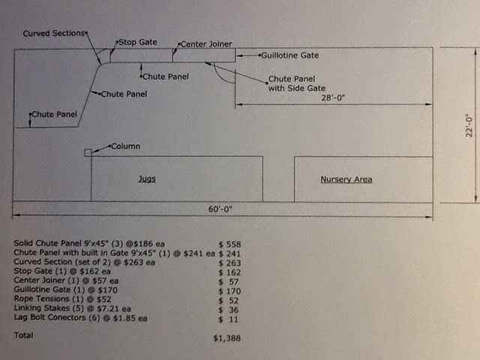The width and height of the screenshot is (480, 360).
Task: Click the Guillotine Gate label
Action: point(289,55)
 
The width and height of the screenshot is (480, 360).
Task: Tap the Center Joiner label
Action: point(206,44)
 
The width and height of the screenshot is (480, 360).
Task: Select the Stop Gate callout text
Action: point(138,42)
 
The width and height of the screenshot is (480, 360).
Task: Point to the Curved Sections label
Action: point(54,34)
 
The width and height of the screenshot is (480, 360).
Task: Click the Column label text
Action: point(125,146)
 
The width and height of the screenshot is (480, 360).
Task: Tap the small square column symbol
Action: point(88,153)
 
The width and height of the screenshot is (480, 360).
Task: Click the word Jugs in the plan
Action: point(147,179)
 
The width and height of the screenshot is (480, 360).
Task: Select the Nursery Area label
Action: point(346,179)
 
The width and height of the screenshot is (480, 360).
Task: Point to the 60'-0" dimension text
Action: point(221,209)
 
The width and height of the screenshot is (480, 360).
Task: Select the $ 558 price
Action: point(229,244)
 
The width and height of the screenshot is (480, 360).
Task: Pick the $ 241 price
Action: point(229,253)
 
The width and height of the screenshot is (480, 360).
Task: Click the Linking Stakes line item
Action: point(64,309)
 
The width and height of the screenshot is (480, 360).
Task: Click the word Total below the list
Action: point(23,335)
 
